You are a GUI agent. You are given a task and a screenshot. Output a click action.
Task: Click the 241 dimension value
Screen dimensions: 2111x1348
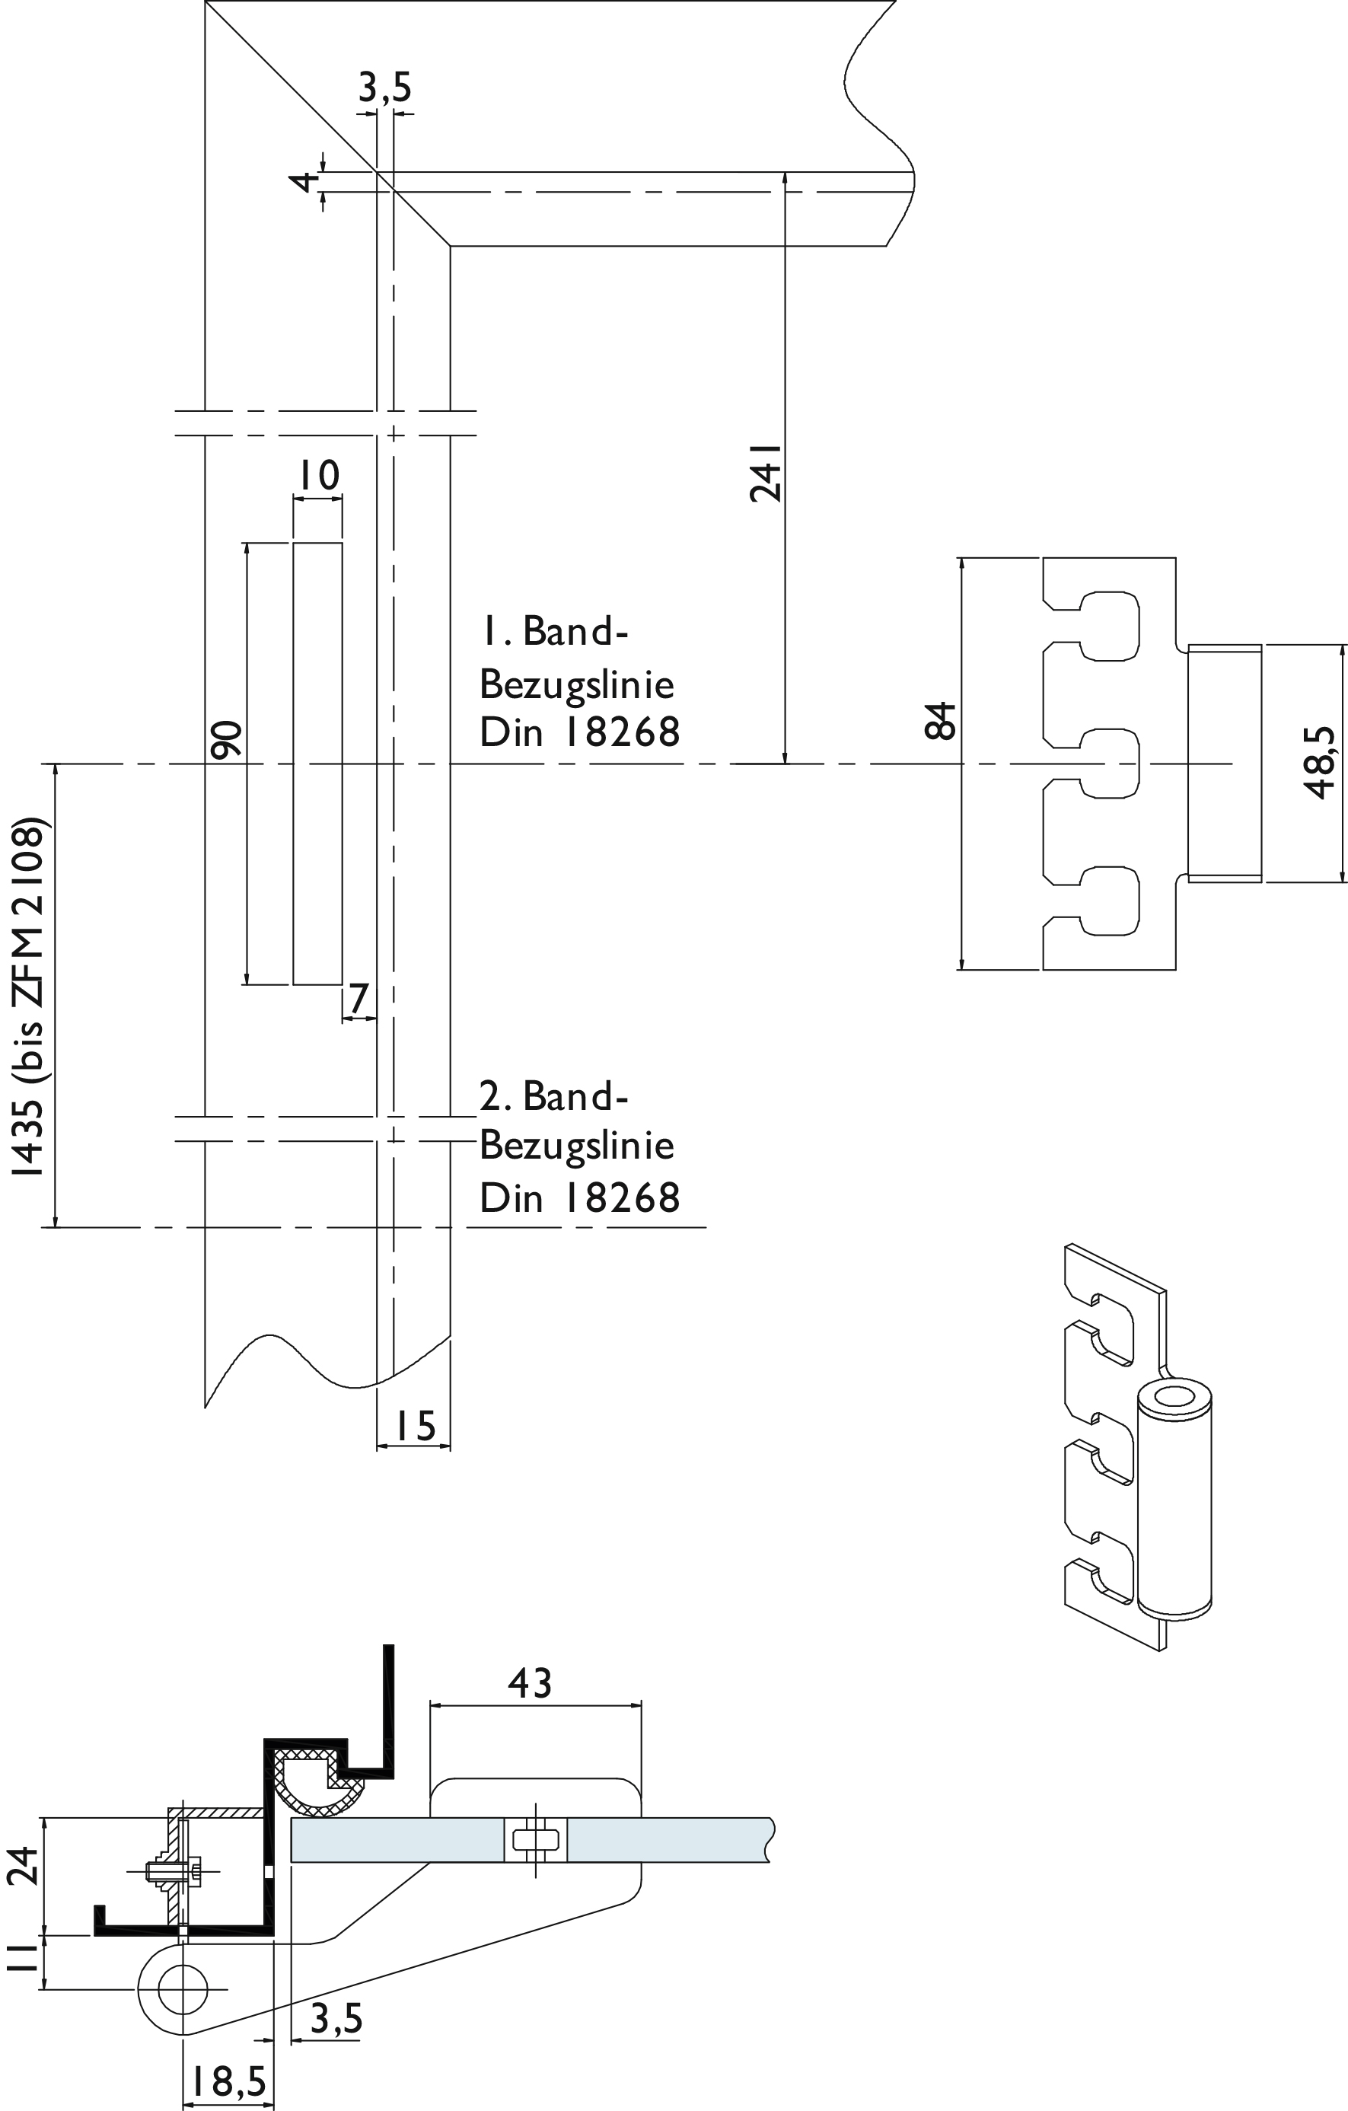[765, 472]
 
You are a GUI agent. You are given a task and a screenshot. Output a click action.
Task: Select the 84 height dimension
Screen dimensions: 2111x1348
[941, 721]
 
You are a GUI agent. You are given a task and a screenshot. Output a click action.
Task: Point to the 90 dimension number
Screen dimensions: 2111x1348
[227, 739]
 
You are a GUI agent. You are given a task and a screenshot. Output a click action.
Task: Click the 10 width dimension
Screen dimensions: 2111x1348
[317, 475]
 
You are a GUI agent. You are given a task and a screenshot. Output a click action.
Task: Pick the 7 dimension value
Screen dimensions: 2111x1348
[358, 999]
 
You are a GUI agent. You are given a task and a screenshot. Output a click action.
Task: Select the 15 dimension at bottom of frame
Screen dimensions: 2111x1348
[415, 1425]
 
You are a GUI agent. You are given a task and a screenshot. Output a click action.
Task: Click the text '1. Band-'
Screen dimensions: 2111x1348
[554, 631]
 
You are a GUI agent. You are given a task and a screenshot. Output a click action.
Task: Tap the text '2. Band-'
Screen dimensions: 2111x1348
[554, 1095]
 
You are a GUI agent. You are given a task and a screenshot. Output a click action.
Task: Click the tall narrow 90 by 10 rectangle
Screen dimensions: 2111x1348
[317, 763]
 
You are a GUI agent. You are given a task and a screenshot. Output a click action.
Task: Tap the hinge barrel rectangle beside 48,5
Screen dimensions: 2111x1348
[1225, 763]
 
